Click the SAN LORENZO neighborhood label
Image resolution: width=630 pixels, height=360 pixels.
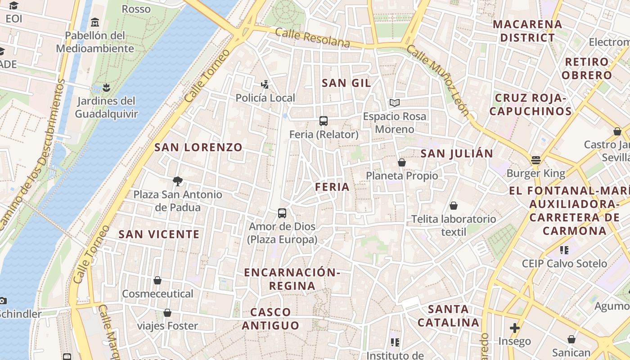pos(198,147)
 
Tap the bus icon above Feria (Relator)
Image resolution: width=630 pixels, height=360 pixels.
pos(323,121)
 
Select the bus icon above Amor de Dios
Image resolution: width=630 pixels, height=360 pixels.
pos(282,213)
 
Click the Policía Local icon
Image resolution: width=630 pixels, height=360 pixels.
pos(265,84)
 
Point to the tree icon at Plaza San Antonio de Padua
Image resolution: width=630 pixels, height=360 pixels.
pos(178,181)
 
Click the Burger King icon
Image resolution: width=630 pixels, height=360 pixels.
pos(535,160)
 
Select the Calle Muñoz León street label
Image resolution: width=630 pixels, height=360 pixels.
pos(438,81)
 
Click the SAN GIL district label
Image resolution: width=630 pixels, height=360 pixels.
pos(346,83)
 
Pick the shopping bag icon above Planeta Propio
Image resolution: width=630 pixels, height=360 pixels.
pos(402,162)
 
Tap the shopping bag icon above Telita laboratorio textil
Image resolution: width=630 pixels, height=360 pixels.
pos(454,206)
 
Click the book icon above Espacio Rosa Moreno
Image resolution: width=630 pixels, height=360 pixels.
pos(395,103)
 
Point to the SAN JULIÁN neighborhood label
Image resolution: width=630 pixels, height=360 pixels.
pos(457,153)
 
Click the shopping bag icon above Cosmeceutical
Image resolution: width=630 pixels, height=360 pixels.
pos(157,280)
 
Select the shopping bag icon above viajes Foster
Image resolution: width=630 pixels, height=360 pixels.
pos(167,312)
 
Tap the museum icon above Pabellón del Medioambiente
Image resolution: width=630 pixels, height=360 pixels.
pos(95,22)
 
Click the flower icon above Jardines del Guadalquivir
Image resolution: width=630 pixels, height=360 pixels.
pos(106,87)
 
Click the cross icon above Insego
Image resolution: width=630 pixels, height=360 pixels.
pos(515,328)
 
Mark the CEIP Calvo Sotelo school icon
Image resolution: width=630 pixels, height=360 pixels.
pos(564,250)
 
